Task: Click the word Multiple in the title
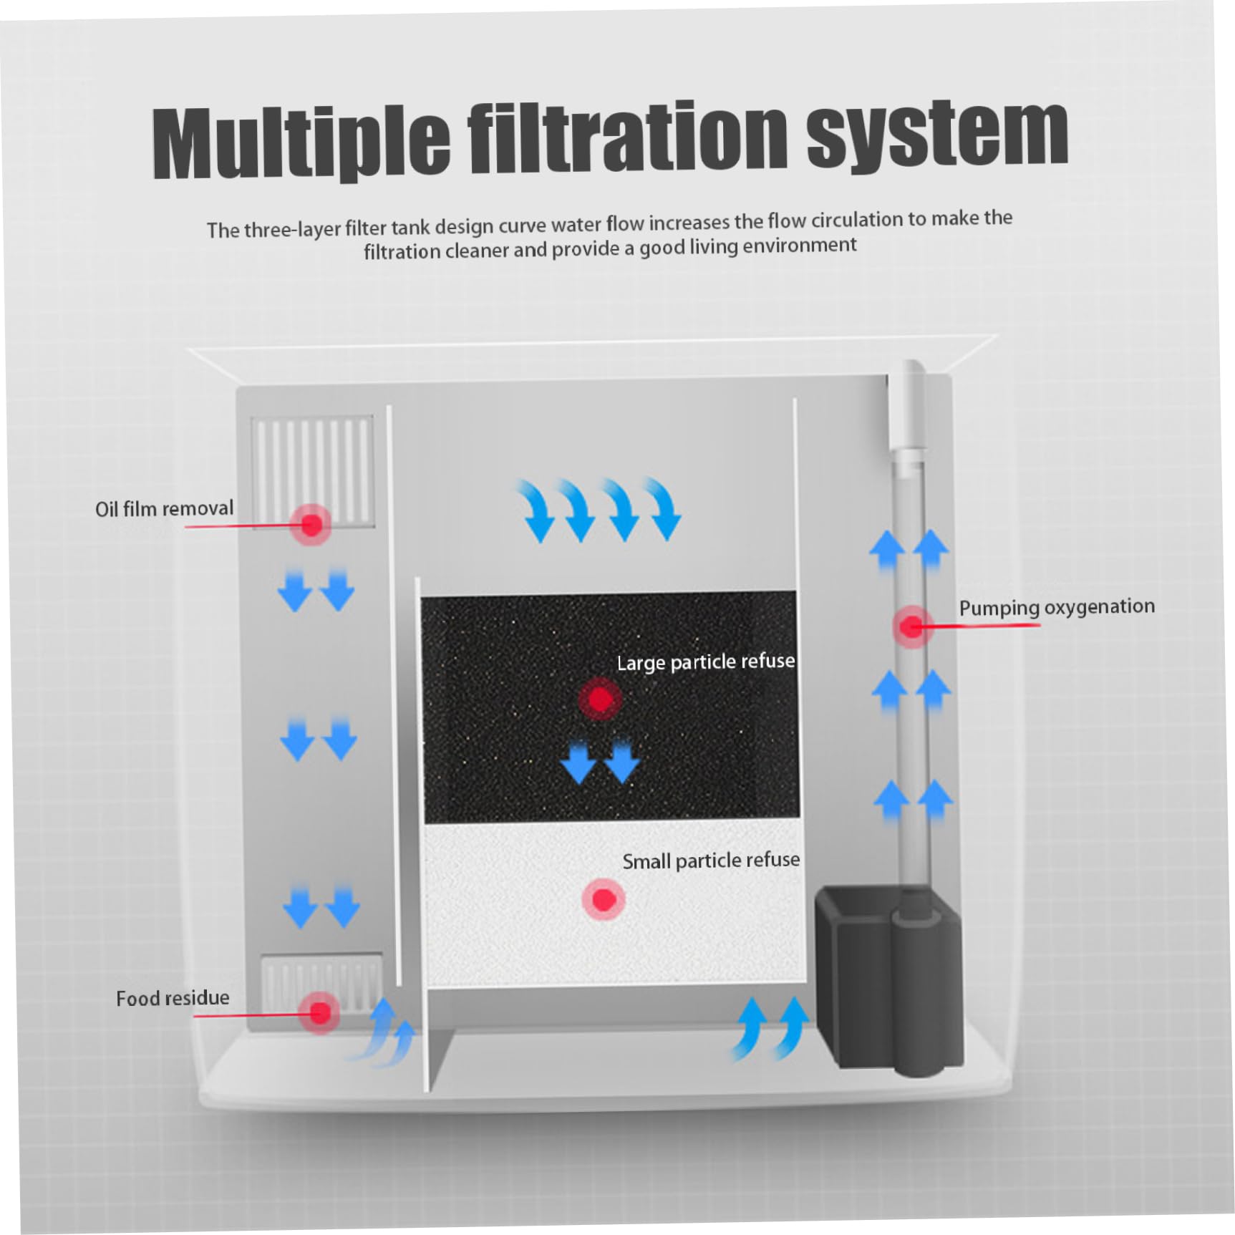301,142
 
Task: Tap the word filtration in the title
627,137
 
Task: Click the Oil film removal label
165,509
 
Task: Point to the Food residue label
173,998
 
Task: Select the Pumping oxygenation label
1057,607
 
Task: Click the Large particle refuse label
706,662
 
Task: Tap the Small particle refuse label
711,860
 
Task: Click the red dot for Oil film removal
311,525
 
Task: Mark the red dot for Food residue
320,1012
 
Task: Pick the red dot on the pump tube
911,627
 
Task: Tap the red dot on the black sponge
600,699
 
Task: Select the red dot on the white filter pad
604,899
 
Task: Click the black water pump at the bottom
888,981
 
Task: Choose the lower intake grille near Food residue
321,981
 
